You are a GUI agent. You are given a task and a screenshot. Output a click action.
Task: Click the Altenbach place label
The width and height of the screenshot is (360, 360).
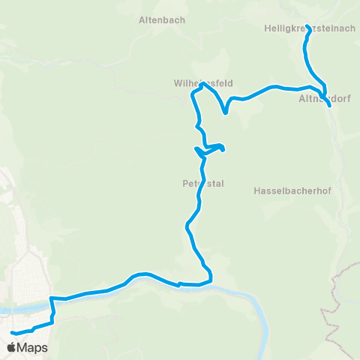(162, 20)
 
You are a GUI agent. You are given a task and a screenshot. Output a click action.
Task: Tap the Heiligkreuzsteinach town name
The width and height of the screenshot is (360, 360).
(310, 28)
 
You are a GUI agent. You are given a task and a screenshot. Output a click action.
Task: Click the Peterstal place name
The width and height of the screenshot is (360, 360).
(202, 182)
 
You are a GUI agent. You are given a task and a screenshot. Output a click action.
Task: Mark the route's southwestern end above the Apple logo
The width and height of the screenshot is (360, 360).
(13, 332)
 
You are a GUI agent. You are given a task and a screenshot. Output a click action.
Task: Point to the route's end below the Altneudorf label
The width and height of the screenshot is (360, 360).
(329, 106)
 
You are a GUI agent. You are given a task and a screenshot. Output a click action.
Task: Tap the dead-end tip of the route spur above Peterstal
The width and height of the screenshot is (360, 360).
(223, 148)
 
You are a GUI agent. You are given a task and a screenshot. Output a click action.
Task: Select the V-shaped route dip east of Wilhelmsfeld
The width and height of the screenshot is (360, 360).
(226, 112)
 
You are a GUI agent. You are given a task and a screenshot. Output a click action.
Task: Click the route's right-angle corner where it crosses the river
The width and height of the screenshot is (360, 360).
(52, 298)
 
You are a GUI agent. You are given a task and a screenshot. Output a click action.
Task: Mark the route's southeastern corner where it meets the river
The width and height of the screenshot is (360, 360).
(211, 280)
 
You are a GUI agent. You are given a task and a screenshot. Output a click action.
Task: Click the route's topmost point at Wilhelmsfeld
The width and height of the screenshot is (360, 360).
(201, 85)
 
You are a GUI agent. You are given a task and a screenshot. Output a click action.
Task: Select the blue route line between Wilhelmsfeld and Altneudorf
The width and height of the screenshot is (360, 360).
(270, 90)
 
